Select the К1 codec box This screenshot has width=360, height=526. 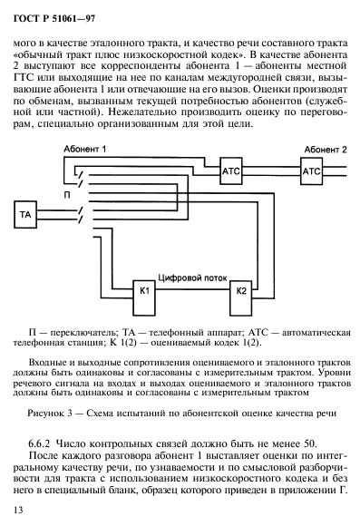point(145,291)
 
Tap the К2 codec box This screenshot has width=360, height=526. point(240,289)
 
